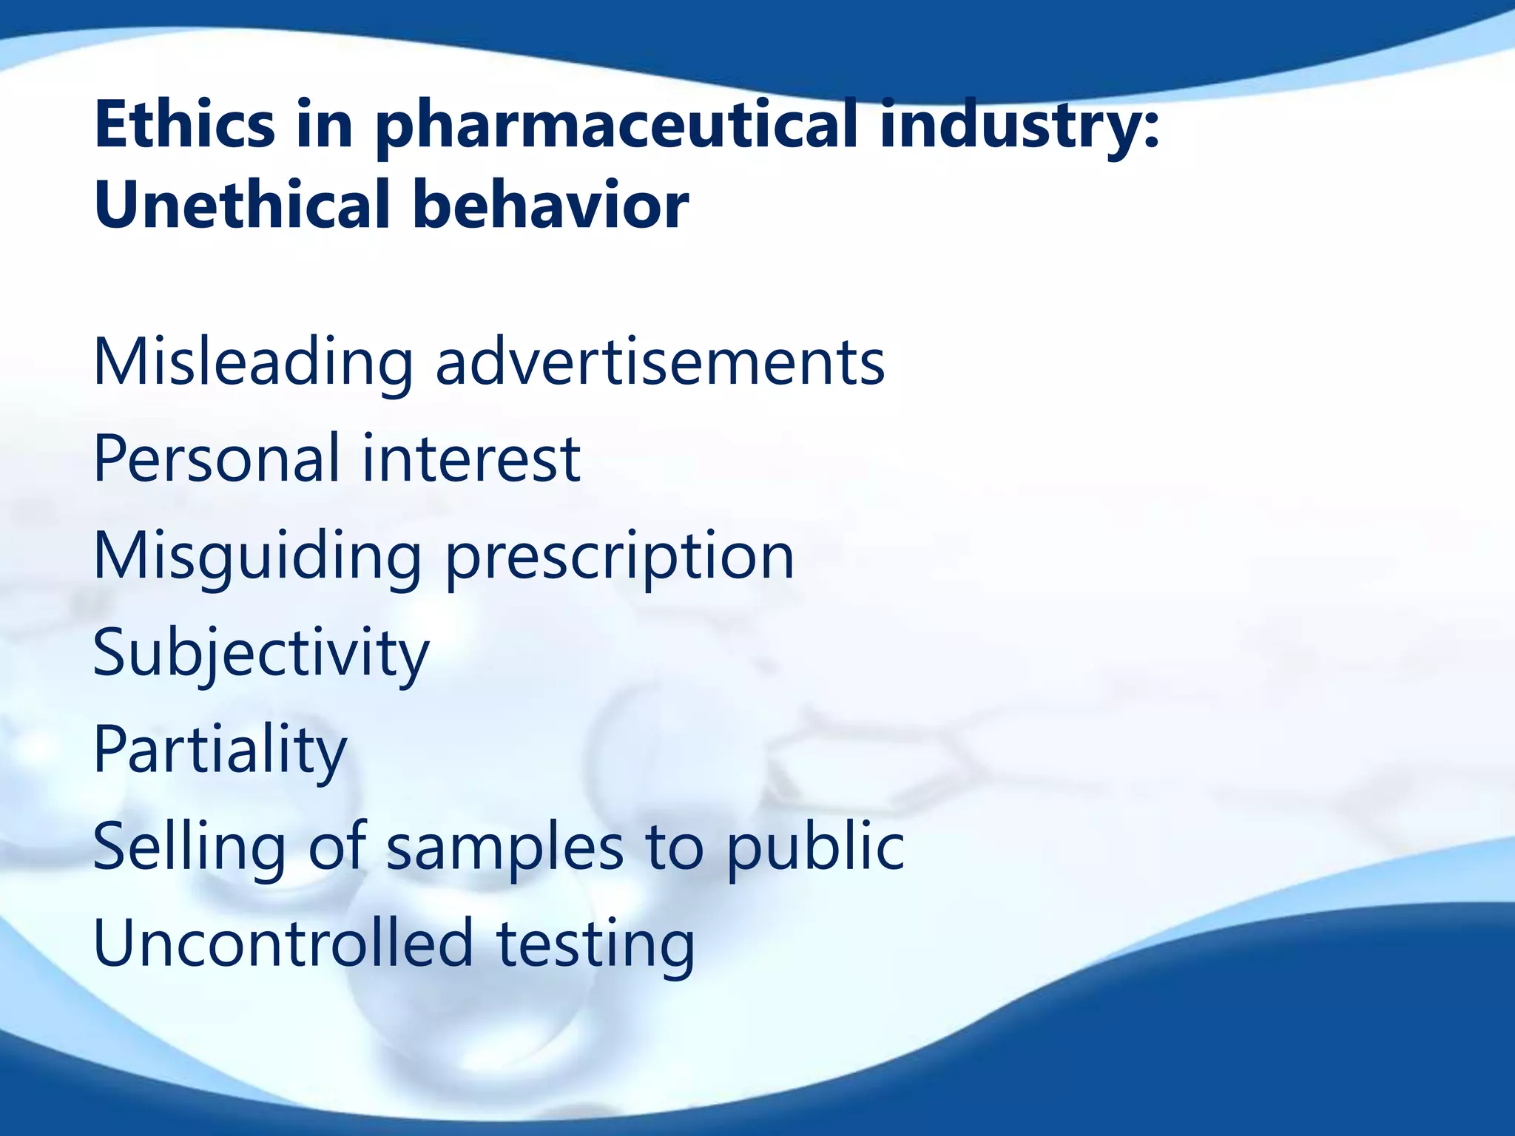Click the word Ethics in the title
tap(185, 124)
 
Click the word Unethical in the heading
tap(241, 205)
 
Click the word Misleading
tap(252, 362)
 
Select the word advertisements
tap(660, 362)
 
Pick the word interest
tap(470, 459)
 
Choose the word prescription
tap(620, 556)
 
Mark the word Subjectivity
tap(260, 654)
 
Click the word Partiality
tap(220, 750)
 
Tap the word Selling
tap(189, 847)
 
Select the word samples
tap(505, 847)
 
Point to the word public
tap(815, 847)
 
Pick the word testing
tap(595, 943)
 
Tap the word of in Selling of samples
tap(337, 847)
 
